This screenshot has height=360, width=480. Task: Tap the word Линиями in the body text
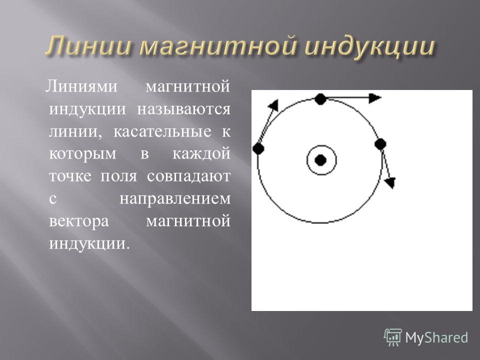click(x=81, y=86)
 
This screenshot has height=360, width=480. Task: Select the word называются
click(x=183, y=109)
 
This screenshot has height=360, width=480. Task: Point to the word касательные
click(x=162, y=131)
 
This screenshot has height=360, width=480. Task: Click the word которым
click(x=82, y=154)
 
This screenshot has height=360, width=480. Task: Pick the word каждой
click(x=201, y=153)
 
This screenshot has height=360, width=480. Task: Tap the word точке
click(x=70, y=176)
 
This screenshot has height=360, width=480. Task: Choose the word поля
click(x=119, y=176)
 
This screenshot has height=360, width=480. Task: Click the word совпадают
click(x=188, y=176)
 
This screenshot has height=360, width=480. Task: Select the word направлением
click(x=174, y=199)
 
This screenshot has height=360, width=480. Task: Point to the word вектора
click(x=78, y=221)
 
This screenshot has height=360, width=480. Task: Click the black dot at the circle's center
click(x=320, y=160)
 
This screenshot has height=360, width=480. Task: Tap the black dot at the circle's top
click(x=320, y=99)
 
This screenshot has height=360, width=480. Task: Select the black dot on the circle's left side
click(x=258, y=149)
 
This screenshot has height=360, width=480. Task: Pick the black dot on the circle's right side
click(x=380, y=144)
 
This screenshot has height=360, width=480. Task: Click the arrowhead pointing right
click(x=374, y=98)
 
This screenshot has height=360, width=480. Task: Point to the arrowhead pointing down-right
click(x=390, y=182)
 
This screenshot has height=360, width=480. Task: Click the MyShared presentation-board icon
click(x=392, y=337)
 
